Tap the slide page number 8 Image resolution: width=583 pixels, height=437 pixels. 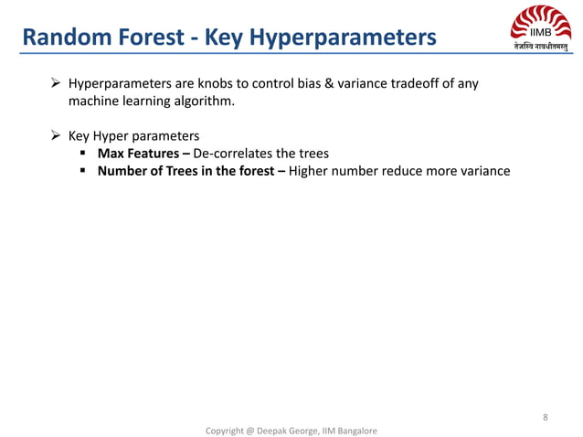click(545, 418)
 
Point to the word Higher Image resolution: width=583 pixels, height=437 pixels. click(311, 170)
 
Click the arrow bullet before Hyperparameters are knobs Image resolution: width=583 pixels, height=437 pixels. click(56, 84)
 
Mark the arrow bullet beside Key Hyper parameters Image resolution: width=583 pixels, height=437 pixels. click(56, 136)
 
